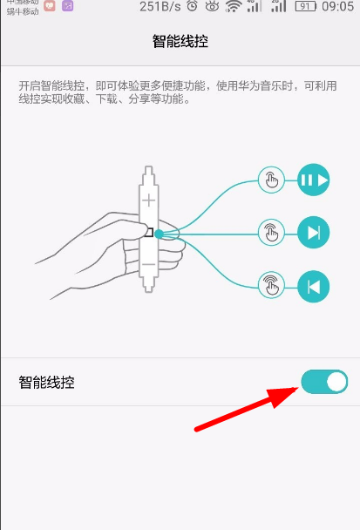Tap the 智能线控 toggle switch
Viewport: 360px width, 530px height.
click(324, 382)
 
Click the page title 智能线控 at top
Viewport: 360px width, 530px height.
click(180, 41)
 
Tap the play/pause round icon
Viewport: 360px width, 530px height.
click(314, 181)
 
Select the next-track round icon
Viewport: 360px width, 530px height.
click(314, 233)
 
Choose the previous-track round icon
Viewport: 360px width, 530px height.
click(314, 285)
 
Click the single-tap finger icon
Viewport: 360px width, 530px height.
click(271, 181)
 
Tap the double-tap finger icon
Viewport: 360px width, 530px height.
click(271, 233)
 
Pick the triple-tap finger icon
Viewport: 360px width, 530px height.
click(271, 285)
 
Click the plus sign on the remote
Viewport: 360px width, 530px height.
click(149, 200)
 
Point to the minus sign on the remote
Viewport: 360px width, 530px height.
click(149, 264)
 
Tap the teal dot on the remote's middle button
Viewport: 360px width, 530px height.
click(159, 233)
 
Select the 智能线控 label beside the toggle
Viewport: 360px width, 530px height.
click(46, 382)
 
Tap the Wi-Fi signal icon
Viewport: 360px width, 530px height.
click(233, 7)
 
